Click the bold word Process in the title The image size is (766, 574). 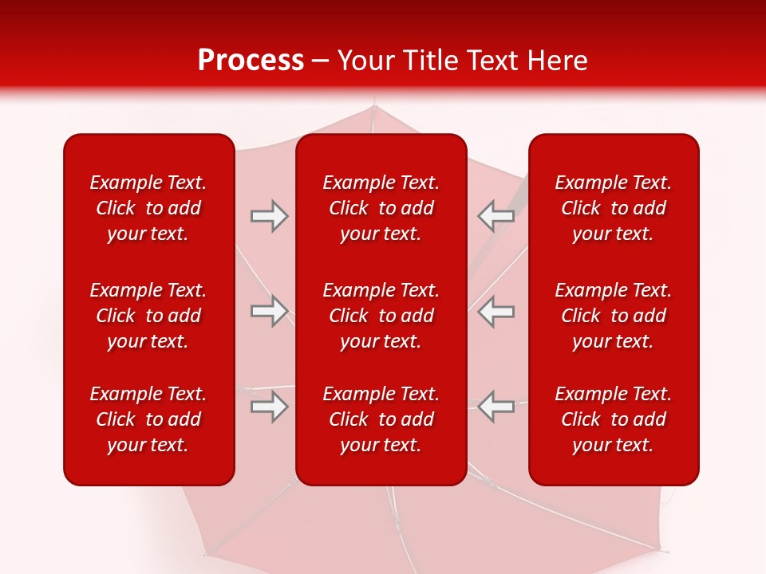coord(251,61)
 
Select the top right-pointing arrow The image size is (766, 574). coord(269,216)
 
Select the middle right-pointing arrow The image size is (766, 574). coord(269,311)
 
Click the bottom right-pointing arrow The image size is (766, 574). coord(269,407)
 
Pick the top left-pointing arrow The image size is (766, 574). coord(496,216)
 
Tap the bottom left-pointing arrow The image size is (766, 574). coord(496,407)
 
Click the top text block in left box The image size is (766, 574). coord(148,208)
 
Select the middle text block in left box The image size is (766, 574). coord(148,316)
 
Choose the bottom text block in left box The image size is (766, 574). coord(148,419)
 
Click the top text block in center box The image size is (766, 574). coord(381,208)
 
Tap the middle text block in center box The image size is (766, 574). coord(381,316)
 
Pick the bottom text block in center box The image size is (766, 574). coord(381,419)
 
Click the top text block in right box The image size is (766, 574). coord(614,208)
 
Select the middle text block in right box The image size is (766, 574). coord(614,316)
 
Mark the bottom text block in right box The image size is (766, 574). coord(614,419)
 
